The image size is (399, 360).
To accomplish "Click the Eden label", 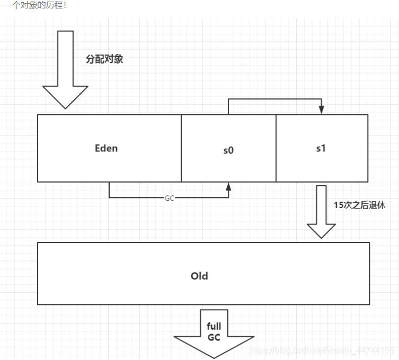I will (106, 148).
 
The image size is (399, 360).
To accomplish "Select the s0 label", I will (228, 150).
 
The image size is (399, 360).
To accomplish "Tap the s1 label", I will (321, 148).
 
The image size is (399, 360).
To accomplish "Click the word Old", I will (199, 276).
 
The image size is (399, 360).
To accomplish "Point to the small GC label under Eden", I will (170, 197).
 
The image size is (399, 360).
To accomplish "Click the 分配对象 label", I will (104, 59).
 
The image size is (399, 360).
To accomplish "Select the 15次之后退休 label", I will (359, 205).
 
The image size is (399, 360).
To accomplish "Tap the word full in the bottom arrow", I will (214, 327).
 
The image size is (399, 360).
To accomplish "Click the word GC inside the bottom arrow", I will (214, 338).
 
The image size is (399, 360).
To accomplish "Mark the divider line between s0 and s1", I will (276, 148).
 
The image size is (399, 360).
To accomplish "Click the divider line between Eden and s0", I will (181, 148).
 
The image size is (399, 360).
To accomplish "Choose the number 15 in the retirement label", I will (338, 205).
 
